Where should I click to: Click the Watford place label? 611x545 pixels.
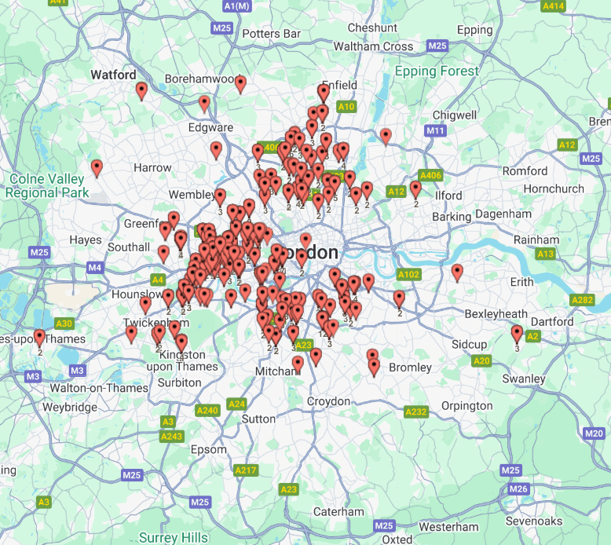pos(113,75)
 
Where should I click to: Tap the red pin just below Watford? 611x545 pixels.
pos(141,91)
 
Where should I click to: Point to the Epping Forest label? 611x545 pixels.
pos(437,71)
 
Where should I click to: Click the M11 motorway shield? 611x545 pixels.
pos(435,130)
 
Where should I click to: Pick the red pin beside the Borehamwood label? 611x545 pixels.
pos(240,84)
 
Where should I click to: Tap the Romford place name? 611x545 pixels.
pos(525,171)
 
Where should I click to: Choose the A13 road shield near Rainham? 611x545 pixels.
pos(545,254)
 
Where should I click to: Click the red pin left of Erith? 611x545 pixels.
pos(457,272)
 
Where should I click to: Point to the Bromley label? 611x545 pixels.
pos(410,368)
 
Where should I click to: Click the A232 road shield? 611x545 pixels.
pos(415,411)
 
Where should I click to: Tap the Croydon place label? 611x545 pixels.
pos(328,401)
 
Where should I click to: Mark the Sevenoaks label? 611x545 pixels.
pos(556,521)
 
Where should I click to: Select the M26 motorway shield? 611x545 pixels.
pos(518,488)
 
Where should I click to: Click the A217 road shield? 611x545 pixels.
pos(246,470)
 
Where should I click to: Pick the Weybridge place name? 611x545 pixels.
pos(70,408)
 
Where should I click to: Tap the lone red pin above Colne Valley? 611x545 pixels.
pos(97,168)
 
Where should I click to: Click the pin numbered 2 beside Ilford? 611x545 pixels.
pos(415,189)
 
